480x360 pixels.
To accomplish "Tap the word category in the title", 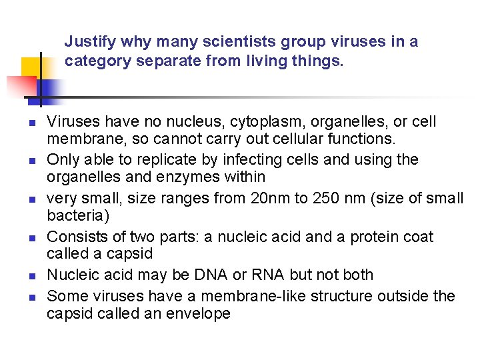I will tap(94, 62).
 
